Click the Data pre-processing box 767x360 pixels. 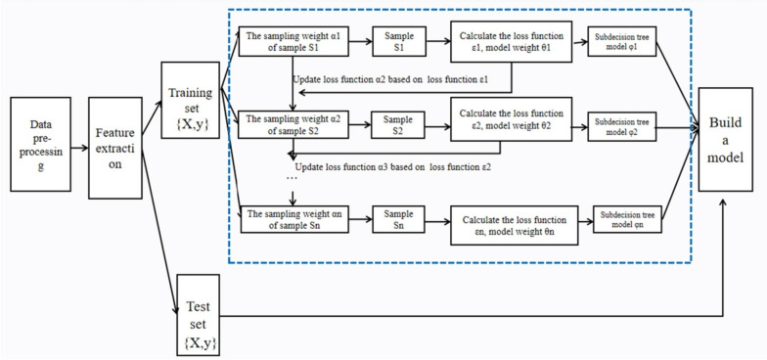40,143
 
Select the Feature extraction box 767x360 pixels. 114,143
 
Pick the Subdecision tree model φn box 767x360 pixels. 631,220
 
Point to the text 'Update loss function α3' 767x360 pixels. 392,167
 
